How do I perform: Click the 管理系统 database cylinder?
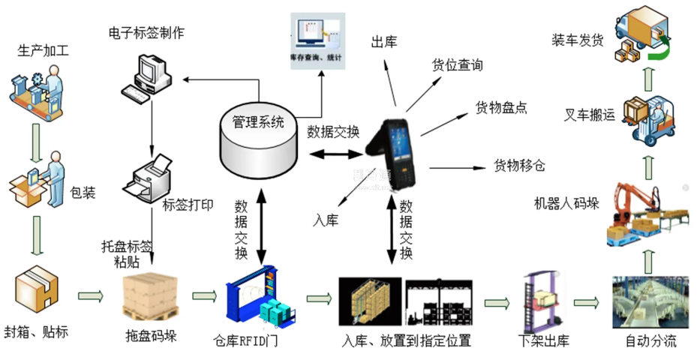tap(258, 139)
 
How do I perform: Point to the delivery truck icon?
tap(640, 34)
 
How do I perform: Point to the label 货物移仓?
tap(519, 166)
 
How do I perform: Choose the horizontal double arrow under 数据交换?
tap(337, 154)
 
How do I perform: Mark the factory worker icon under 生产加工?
tap(35, 88)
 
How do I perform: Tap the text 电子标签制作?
tap(146, 32)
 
